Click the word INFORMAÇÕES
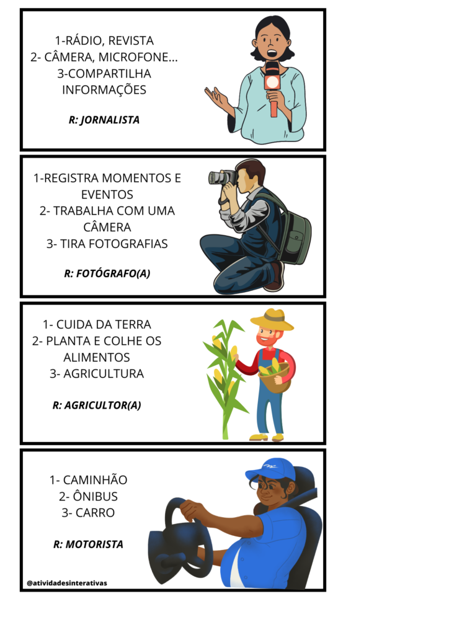(104, 90)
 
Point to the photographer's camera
(221, 177)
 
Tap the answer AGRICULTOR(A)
(102, 406)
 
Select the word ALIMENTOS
(97, 357)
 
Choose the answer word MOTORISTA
(94, 544)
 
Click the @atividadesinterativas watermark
(67, 583)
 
